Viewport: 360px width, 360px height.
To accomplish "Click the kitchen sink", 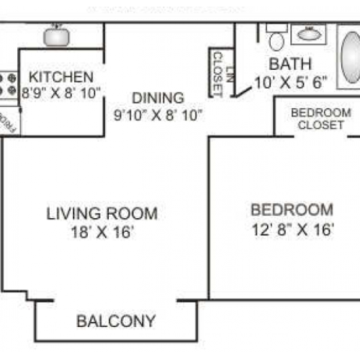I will tap(56, 35).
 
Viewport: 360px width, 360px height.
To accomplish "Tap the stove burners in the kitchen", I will tap(9, 84).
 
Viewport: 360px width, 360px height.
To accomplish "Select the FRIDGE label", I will tap(10, 121).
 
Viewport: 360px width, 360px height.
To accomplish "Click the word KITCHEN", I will tap(60, 77).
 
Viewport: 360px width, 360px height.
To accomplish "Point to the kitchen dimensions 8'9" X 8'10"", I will tap(61, 92).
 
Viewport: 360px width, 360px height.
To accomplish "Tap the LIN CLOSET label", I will tap(217, 72).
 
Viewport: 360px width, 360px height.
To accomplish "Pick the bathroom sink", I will tap(311, 33).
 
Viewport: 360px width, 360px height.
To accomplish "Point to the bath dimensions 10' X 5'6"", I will tap(292, 81).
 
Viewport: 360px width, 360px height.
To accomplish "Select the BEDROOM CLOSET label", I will tap(320, 119).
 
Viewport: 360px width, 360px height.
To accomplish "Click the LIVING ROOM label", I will tap(102, 214).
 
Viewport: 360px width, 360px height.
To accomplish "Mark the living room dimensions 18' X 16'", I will tap(102, 232).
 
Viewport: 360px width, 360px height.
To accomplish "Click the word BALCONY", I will tap(117, 320).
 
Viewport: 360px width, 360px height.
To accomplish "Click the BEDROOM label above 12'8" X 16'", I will tap(292, 210).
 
